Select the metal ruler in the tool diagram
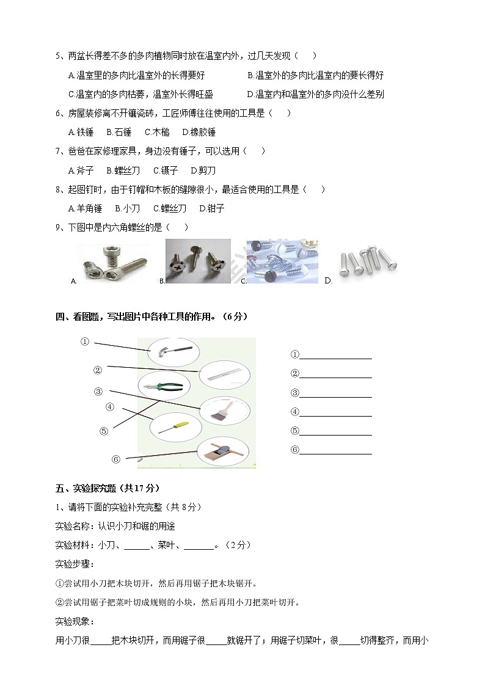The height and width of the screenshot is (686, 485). [x=224, y=374]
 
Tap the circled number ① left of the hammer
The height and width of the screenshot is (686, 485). [x=86, y=342]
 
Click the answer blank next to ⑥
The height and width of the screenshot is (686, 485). [x=335, y=450]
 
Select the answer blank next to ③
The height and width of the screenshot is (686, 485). [x=335, y=393]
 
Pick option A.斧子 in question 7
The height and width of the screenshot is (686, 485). [x=81, y=170]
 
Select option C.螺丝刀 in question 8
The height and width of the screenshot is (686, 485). [x=169, y=208]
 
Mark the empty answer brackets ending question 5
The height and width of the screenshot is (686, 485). [x=305, y=56]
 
